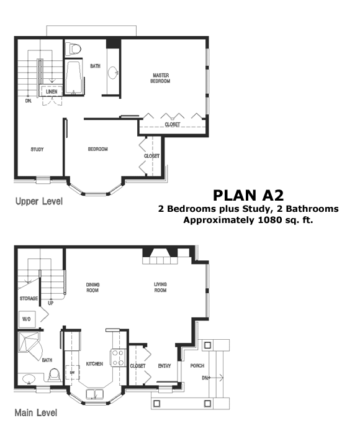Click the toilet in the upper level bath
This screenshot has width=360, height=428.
[74, 49]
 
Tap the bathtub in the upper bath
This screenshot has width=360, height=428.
[73, 78]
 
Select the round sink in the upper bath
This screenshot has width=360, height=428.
[113, 73]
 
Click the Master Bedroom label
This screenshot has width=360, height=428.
[160, 78]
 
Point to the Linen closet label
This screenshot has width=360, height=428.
[52, 92]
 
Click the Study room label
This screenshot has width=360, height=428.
[37, 149]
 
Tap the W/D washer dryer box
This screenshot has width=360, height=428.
[27, 319]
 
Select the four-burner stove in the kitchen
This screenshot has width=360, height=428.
[118, 358]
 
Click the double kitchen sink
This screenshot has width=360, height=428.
[94, 394]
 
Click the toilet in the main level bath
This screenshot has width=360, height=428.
[54, 375]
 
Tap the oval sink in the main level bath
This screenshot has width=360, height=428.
[29, 379]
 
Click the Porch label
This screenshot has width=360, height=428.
[197, 366]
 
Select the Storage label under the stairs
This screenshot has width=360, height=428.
[29, 299]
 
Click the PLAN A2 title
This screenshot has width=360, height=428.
[248, 195]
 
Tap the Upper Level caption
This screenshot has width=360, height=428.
[39, 201]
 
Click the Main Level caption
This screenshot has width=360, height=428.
[36, 412]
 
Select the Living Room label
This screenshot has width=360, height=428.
[160, 287]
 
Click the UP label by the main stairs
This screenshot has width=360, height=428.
[51, 303]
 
